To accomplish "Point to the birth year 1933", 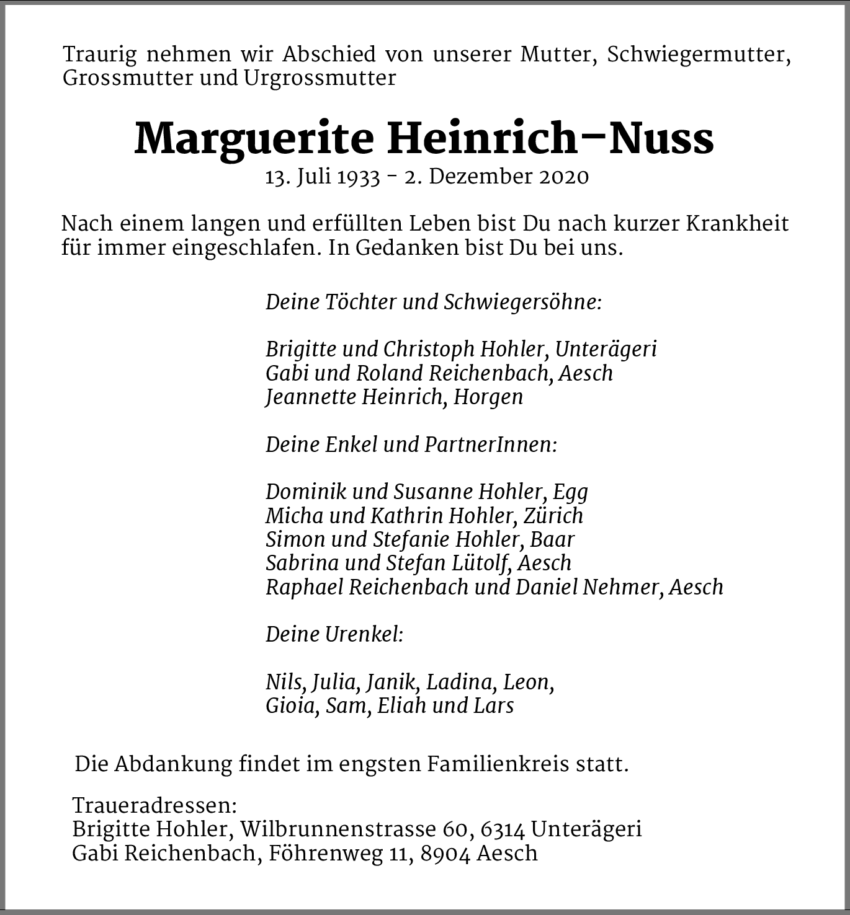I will pos(358,177).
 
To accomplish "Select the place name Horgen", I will pos(488,397).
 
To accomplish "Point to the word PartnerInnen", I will pos(490,444).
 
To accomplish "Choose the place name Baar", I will pos(552,539).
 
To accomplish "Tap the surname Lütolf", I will pos(480,563).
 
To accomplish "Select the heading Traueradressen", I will pos(154,805).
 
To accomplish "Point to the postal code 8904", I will pos(445,854).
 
